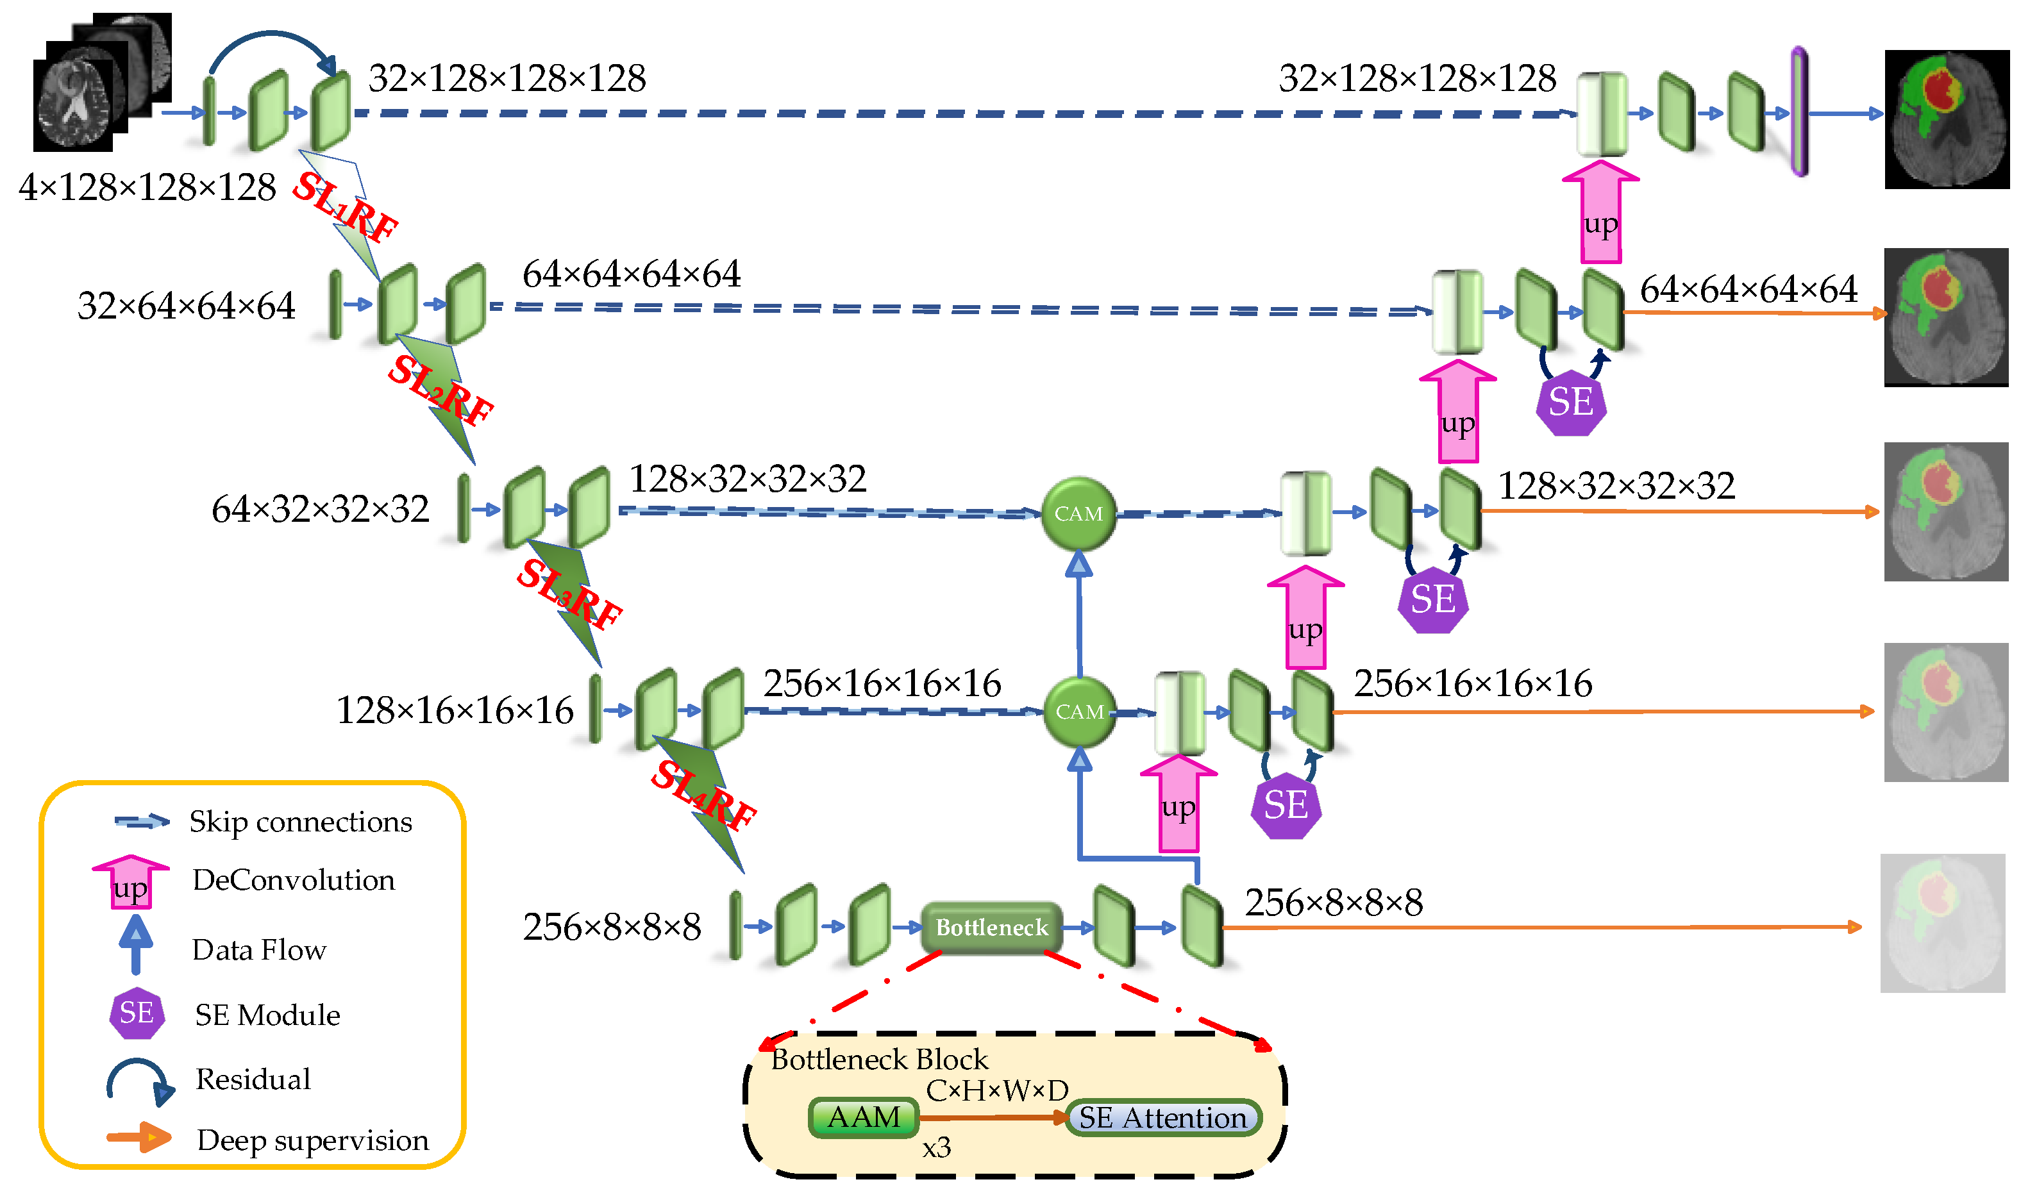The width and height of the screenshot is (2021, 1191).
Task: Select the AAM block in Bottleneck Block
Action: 864,1118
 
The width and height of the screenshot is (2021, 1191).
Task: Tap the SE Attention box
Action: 1163,1118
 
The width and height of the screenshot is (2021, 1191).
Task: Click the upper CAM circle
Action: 1078,513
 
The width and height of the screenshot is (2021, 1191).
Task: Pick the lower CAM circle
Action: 1080,712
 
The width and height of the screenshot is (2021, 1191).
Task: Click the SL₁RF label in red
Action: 345,208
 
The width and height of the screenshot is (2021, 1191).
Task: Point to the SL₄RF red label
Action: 703,795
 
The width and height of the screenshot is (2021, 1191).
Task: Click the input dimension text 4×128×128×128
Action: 147,188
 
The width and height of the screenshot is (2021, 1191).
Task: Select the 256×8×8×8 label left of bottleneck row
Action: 612,928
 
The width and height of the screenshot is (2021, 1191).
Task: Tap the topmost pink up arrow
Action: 1600,213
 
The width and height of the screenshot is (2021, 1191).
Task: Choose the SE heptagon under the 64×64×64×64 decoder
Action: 1571,403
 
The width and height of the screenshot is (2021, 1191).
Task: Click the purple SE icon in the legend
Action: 137,1013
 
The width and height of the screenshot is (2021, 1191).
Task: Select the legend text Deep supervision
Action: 313,1140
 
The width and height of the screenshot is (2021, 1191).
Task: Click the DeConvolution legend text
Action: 294,880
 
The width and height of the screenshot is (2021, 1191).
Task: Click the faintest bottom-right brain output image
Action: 1942,923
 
